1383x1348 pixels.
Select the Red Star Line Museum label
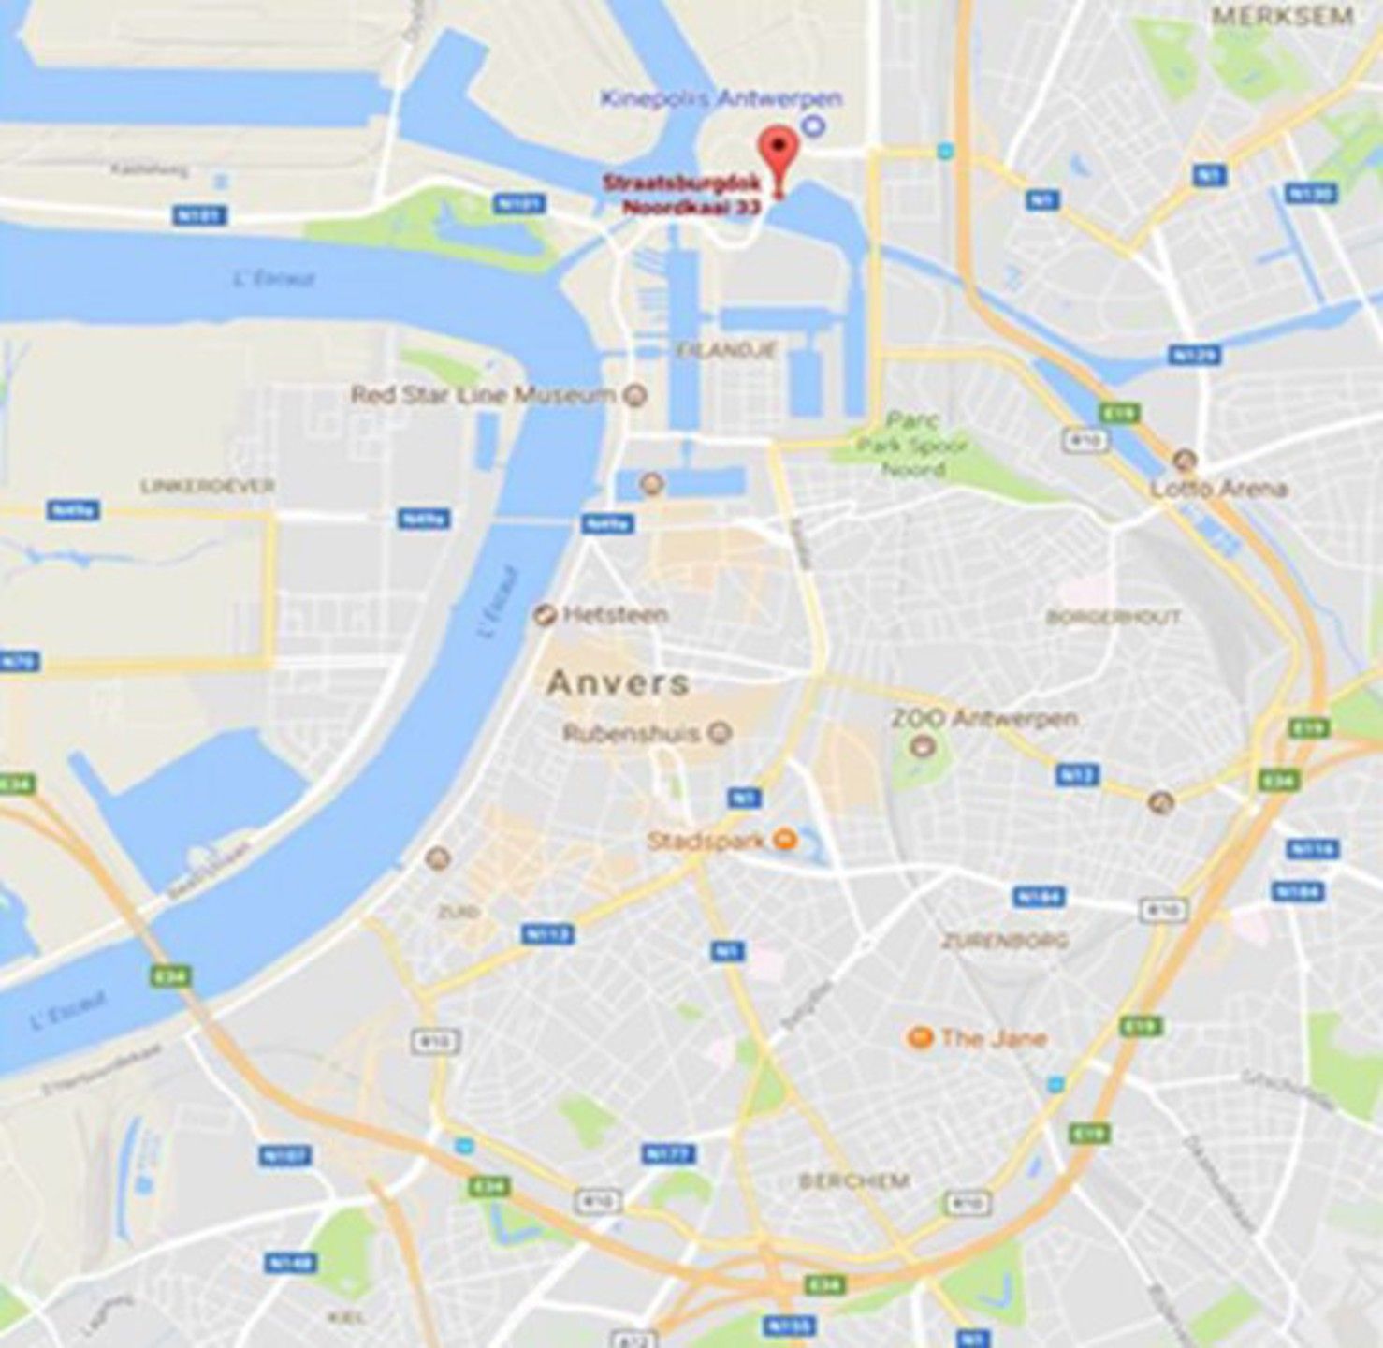coord(483,395)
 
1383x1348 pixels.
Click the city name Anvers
coord(618,682)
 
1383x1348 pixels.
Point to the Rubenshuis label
coord(631,733)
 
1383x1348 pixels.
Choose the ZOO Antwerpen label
coord(983,719)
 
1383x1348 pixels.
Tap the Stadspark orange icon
coord(787,840)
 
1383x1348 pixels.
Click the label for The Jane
coord(993,1038)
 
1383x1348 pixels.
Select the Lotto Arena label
coord(1218,489)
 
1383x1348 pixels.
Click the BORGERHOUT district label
coord(1114,618)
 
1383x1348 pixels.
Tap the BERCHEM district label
coord(853,1181)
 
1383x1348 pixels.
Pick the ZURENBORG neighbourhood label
coord(1005,941)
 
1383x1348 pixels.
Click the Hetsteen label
coord(615,615)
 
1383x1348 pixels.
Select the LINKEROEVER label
coord(207,486)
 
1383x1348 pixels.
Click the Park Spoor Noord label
coord(912,446)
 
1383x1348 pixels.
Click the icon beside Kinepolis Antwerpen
coord(813,125)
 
